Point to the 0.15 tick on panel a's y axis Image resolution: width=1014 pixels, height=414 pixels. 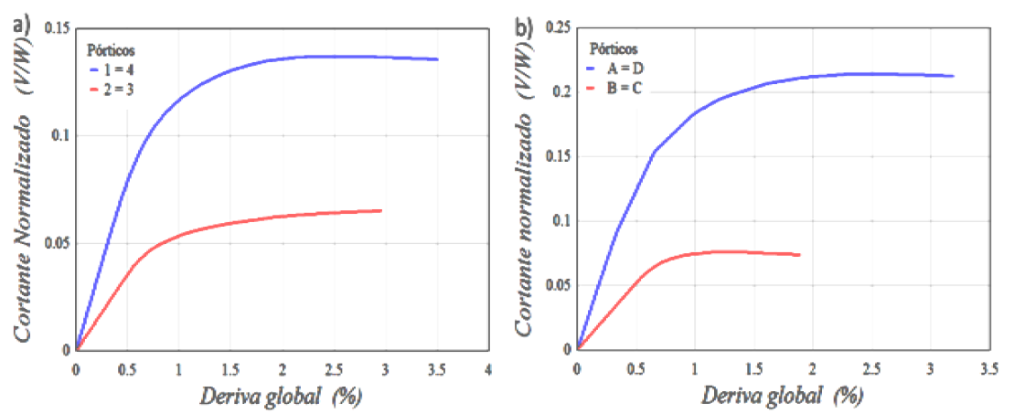(x=58, y=28)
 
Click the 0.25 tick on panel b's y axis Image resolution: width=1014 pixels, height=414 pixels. (x=558, y=28)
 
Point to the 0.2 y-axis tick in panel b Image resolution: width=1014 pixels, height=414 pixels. (x=561, y=92)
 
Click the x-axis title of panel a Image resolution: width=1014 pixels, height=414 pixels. (x=280, y=398)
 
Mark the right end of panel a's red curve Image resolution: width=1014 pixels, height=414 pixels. (x=380, y=210)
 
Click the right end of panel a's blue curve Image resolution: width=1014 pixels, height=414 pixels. (x=437, y=59)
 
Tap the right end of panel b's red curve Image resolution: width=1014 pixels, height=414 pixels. (x=799, y=254)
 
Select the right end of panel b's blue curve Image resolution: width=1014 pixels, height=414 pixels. (x=953, y=76)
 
